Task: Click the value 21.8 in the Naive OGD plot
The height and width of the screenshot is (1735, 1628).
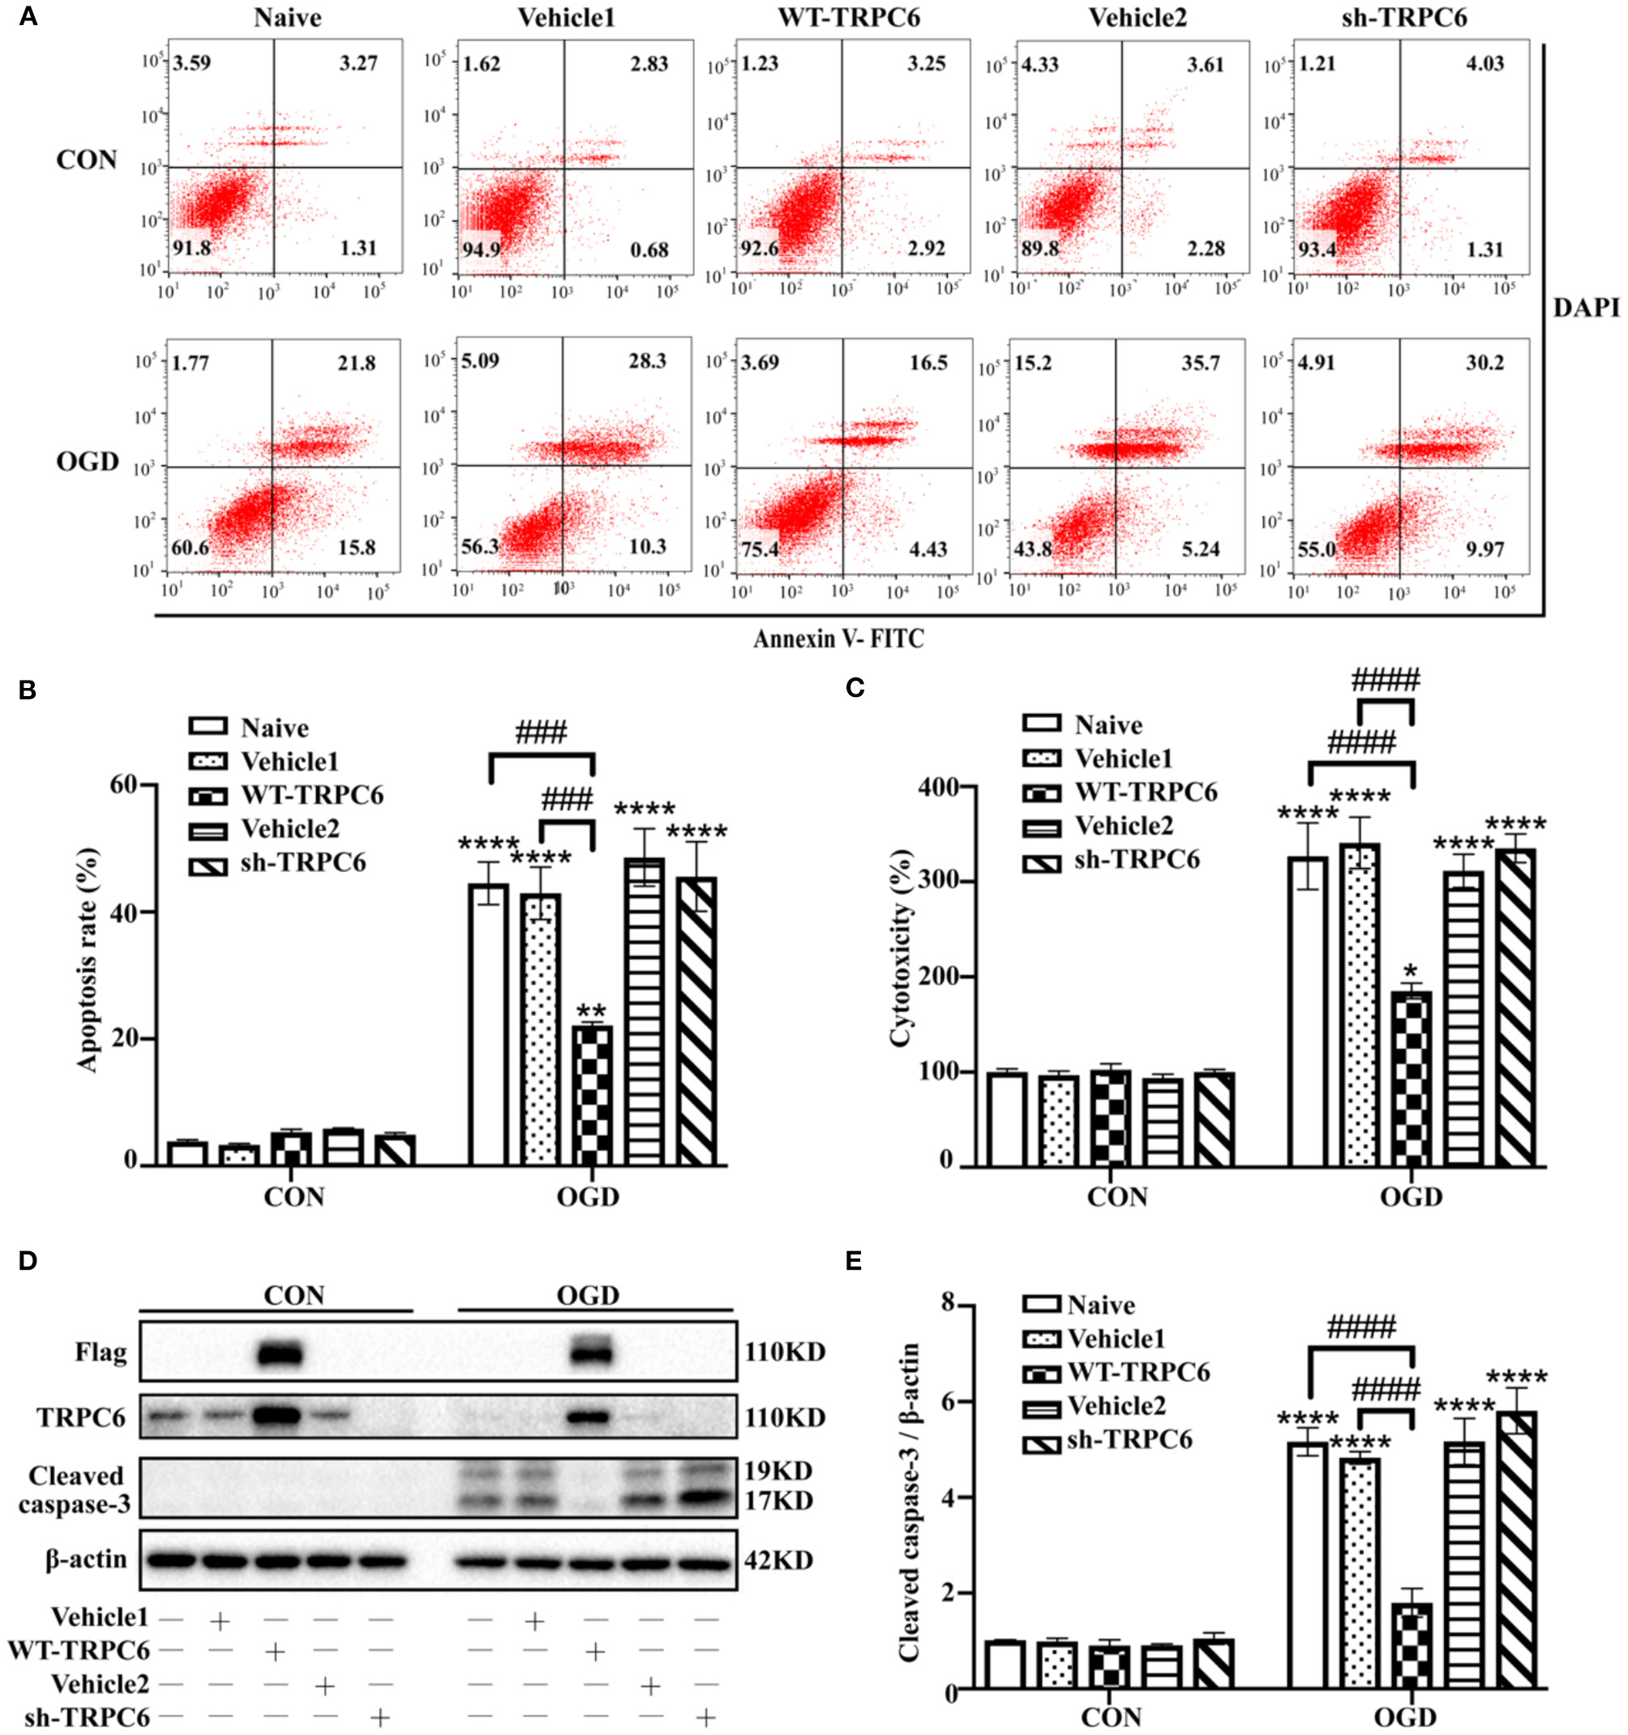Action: (357, 362)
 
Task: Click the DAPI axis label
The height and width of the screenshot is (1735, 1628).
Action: (1586, 331)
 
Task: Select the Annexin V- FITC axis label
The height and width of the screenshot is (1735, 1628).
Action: (838, 639)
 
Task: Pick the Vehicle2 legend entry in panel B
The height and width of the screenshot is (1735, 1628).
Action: (289, 828)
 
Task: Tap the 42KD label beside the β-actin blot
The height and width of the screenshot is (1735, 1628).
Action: (778, 1560)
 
